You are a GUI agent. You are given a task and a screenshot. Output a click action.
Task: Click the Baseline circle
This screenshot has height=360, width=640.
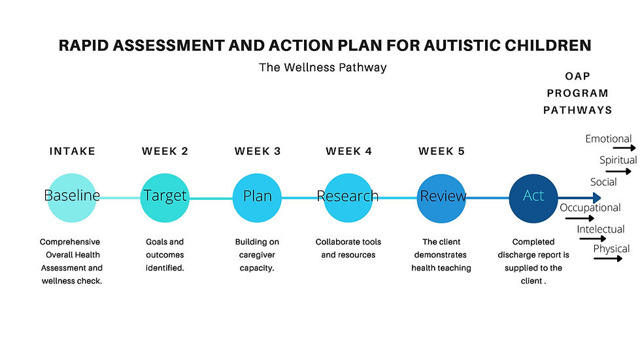coord(72,198)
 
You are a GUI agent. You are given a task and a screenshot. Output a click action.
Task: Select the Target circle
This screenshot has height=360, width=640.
coord(165,198)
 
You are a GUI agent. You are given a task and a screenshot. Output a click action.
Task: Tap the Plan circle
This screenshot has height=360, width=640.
coord(257,198)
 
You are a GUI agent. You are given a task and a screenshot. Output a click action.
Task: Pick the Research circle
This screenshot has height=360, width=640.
coord(348,198)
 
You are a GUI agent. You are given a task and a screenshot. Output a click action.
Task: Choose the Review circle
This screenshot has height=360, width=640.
coord(441,198)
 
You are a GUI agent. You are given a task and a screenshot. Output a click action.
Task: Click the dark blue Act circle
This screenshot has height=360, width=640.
coord(533,198)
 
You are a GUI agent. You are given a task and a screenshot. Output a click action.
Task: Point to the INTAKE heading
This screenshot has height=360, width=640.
coord(73,152)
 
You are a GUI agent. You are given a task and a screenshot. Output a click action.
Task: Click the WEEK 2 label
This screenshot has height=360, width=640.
coord(165,152)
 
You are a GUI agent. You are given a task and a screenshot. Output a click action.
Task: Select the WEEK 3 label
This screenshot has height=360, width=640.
coord(258,152)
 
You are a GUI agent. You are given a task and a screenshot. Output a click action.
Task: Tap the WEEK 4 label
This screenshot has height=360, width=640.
coord(349,152)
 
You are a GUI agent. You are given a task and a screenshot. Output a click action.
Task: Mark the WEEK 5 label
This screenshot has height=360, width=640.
coord(442,152)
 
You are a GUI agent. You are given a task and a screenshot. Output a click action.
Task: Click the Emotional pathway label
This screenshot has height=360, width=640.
coord(608,139)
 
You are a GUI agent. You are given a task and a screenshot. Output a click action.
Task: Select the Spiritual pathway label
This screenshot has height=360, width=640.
coord(618,160)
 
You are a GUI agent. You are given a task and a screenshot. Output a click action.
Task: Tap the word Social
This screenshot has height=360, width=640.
coord(603,182)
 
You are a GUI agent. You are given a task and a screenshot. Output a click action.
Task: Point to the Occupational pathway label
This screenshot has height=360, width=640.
coord(590,208)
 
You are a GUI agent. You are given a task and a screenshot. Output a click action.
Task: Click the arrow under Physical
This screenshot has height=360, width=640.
coord(608,258)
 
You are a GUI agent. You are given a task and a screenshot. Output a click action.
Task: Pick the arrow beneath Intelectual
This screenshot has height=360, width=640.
coord(593,238)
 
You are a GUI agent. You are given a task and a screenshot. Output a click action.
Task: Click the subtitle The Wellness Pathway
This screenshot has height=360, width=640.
coord(322,67)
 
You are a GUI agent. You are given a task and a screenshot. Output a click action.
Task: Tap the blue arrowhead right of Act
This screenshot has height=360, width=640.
coord(597,198)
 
